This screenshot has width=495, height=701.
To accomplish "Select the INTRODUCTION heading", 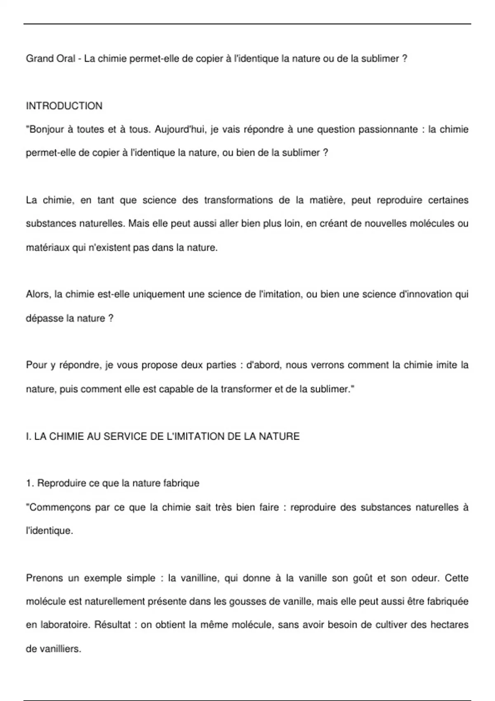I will point(64,106).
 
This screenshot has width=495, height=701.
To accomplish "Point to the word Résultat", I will point(113,625).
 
